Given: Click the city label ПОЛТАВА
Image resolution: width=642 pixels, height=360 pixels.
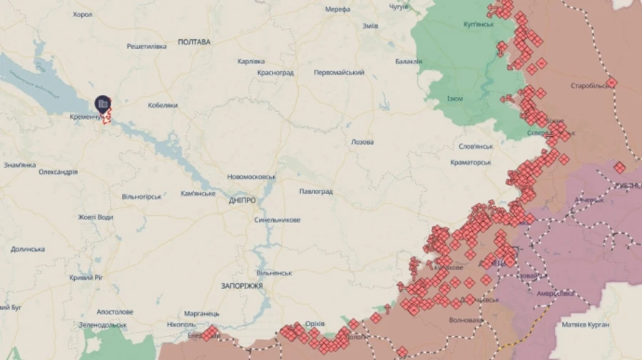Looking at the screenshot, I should pos(194,42).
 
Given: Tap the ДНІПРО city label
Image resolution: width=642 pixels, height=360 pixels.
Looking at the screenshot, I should pos(243,200).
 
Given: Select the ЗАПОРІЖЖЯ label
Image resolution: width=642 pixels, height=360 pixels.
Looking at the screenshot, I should pos(242,285).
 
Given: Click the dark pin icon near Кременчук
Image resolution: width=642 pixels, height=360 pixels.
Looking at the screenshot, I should pos(103,104).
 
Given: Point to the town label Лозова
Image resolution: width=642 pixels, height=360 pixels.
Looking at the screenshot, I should pos(362,142).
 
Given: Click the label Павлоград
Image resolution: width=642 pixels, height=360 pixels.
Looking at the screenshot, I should pos(316,192).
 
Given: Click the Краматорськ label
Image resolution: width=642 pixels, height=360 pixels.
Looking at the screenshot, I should pos(469,163).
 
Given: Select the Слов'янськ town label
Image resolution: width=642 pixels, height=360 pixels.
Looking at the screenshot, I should pos(476,146).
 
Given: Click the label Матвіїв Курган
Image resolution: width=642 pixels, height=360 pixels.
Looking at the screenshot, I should pos(586,324).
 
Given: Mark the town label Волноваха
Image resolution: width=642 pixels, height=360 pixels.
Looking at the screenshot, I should pos(465,320).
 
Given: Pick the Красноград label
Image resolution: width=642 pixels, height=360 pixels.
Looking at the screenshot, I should pos(275,73).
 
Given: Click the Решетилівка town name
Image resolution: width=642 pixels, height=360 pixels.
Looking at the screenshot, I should pos(146,46).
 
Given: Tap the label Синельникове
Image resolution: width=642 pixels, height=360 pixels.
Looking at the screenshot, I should pos(277,220).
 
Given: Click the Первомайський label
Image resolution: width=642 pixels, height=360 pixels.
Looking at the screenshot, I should pos(339,73).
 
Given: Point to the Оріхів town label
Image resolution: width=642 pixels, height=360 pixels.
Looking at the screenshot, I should pos(315,324).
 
